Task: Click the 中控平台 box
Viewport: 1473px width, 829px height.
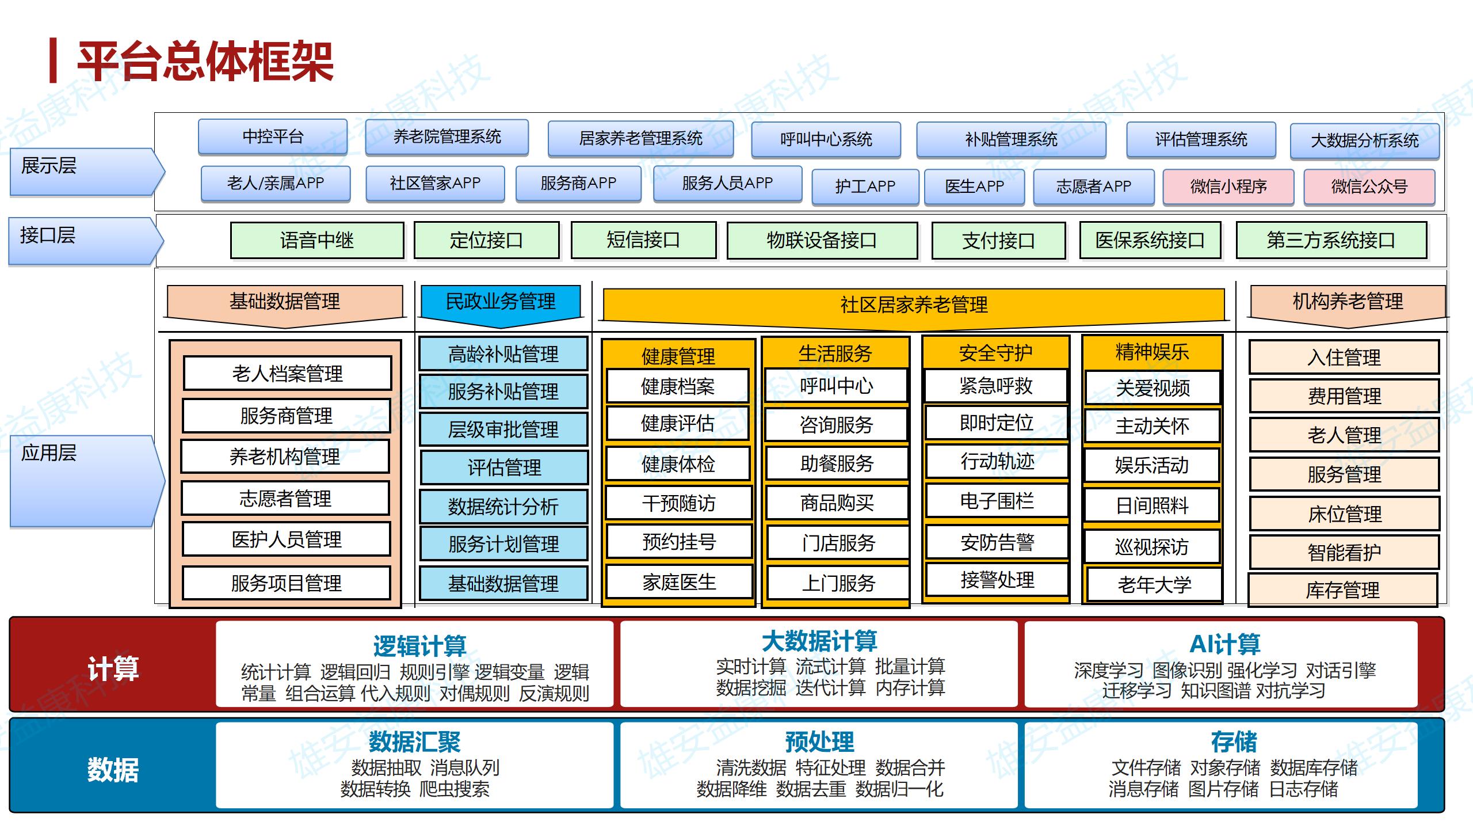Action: click(273, 137)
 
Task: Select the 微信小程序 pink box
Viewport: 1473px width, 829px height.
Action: click(1228, 187)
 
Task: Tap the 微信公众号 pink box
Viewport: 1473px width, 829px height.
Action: click(1369, 187)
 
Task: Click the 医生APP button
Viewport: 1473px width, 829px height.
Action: click(974, 187)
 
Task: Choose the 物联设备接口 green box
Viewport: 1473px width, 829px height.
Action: click(822, 240)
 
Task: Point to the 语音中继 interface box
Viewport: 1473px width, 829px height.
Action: click(317, 240)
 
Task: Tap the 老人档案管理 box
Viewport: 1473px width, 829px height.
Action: click(287, 374)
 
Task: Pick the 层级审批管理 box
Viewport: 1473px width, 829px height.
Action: click(503, 429)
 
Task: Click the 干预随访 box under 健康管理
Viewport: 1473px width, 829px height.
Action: click(679, 503)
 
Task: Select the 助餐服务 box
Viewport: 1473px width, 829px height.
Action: click(837, 463)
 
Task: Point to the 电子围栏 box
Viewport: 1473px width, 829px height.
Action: click(997, 501)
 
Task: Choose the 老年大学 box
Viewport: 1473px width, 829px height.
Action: click(1154, 584)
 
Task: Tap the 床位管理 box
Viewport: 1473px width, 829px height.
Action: click(1344, 514)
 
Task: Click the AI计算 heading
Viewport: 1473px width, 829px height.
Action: click(1225, 644)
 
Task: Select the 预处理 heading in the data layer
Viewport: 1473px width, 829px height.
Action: click(819, 741)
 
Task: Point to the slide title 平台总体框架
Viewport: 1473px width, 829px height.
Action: click(205, 62)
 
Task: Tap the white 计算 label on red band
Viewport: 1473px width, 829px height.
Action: click(113, 668)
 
